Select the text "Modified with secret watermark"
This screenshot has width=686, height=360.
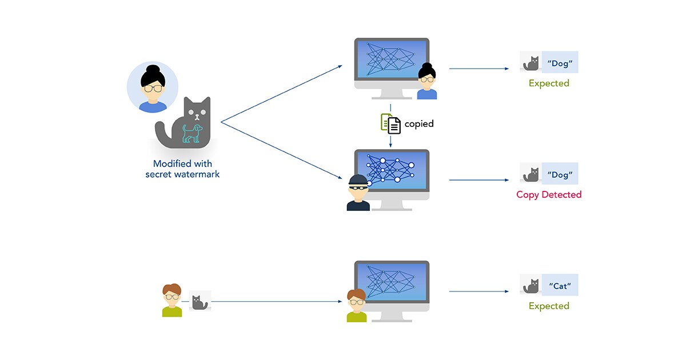pyautogui.click(x=182, y=169)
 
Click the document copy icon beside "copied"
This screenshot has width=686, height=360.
pyautogui.click(x=391, y=123)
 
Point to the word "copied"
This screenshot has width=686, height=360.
pyautogui.click(x=419, y=123)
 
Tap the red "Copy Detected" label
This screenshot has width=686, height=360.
pyautogui.click(x=549, y=195)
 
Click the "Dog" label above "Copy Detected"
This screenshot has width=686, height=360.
pyautogui.click(x=560, y=174)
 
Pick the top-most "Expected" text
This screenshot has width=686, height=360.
pyautogui.click(x=549, y=83)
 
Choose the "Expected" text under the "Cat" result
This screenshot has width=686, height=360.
pyautogui.click(x=549, y=306)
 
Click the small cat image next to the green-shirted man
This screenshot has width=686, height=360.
pyautogui.click(x=200, y=301)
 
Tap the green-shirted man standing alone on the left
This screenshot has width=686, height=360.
pyautogui.click(x=171, y=301)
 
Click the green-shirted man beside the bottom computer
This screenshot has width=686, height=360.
pyautogui.click(x=357, y=306)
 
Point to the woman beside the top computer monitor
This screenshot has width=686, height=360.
pyautogui.click(x=427, y=82)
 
